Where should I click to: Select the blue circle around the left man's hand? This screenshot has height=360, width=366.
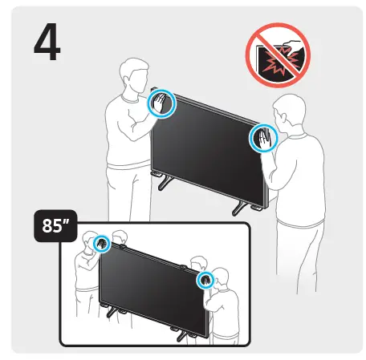163,103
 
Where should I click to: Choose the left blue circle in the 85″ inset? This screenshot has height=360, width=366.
102,244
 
